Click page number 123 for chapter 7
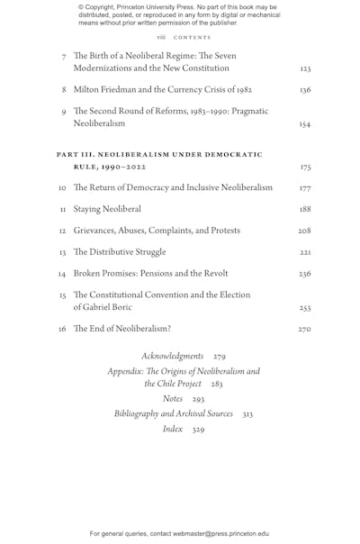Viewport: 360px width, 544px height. coord(305,68)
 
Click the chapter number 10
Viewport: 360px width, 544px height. coord(62,188)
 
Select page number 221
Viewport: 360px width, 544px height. coord(305,252)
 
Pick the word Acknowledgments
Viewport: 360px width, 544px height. coord(172,356)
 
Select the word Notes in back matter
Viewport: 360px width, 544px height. coord(173,398)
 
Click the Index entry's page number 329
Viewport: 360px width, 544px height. coord(198,429)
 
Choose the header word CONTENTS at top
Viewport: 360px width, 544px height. coord(192,38)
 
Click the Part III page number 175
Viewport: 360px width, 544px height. coord(305,168)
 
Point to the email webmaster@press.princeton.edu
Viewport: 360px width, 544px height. coord(208,533)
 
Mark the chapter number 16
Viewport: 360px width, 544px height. coord(62,330)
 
